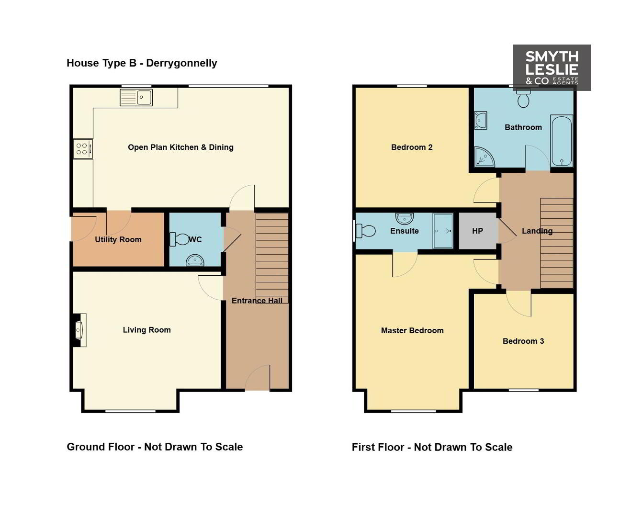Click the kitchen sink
136,97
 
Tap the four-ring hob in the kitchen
83,149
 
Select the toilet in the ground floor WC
180,239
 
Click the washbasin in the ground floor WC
195,260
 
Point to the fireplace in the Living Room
79,330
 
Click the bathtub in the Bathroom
562,141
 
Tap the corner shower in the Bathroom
484,157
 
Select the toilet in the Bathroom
523,98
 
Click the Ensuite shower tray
443,231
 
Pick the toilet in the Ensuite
365,231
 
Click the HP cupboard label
477,231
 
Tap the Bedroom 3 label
523,341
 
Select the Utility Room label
118,239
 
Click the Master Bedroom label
412,331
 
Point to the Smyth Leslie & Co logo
552,67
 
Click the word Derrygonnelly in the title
181,63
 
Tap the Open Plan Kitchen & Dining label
181,147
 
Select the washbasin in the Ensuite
405,218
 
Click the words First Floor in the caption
378,447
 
